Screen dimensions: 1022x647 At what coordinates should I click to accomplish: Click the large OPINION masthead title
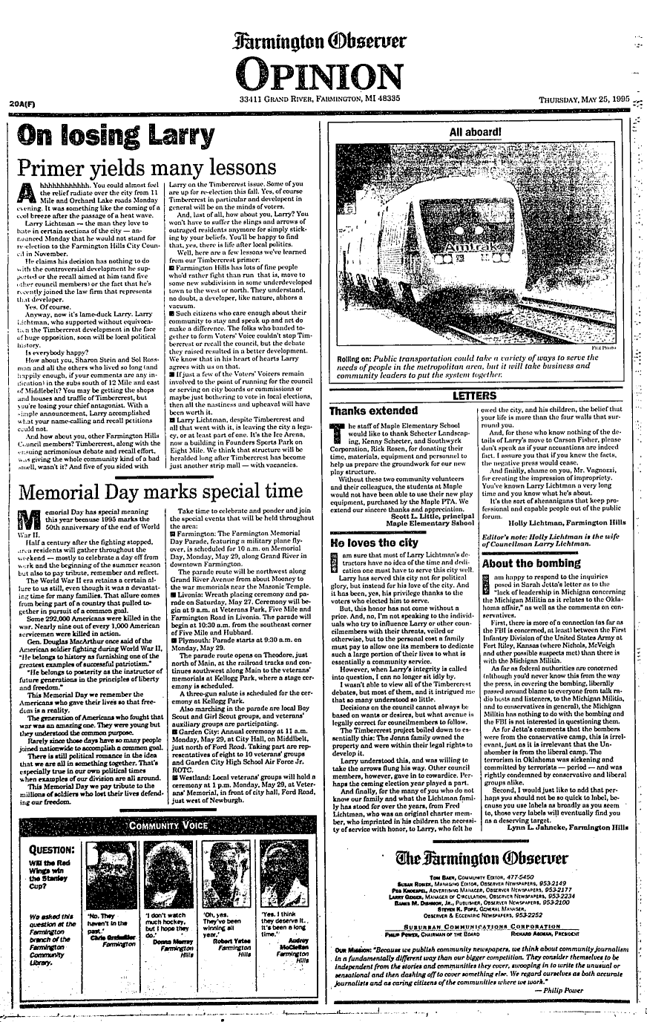[x=324, y=74]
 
